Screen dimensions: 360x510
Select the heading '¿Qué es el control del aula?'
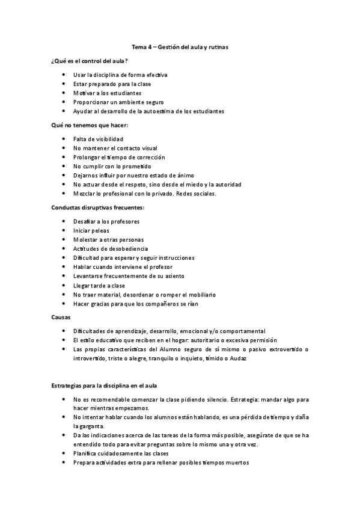click(89, 62)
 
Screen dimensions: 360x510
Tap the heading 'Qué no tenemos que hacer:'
click(89, 125)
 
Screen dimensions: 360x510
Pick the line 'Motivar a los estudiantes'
click(107, 93)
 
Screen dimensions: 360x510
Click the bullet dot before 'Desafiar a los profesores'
click(64, 222)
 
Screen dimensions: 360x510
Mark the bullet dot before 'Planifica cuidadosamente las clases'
click(64, 453)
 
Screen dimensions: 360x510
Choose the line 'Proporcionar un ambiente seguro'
click(118, 102)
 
